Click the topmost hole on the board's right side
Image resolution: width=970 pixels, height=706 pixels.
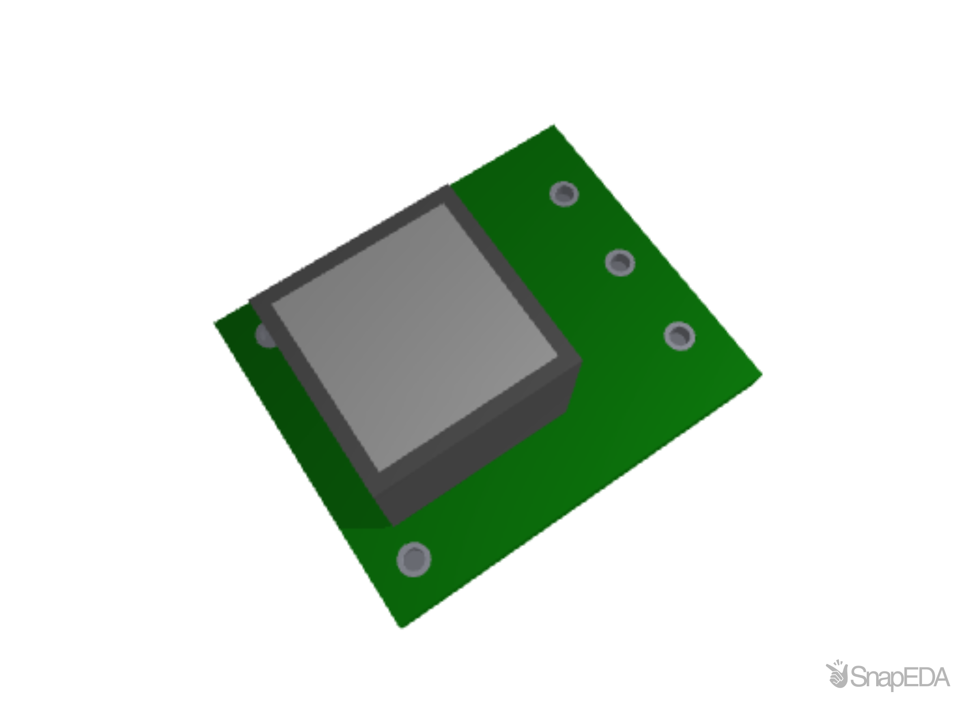(564, 194)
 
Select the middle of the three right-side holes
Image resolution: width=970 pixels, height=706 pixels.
(620, 262)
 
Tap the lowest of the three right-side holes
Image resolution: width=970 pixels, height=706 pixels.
(679, 336)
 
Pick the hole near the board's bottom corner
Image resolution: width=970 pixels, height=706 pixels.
(414, 559)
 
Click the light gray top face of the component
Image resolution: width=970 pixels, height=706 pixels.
(413, 337)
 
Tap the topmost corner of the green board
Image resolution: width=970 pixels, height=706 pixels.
(554, 124)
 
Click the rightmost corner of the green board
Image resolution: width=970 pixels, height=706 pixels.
(762, 375)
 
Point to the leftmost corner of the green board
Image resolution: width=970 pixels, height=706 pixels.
(214, 322)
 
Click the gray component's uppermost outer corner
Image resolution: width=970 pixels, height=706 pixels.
(447, 185)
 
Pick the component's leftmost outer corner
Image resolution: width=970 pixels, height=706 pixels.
(249, 299)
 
